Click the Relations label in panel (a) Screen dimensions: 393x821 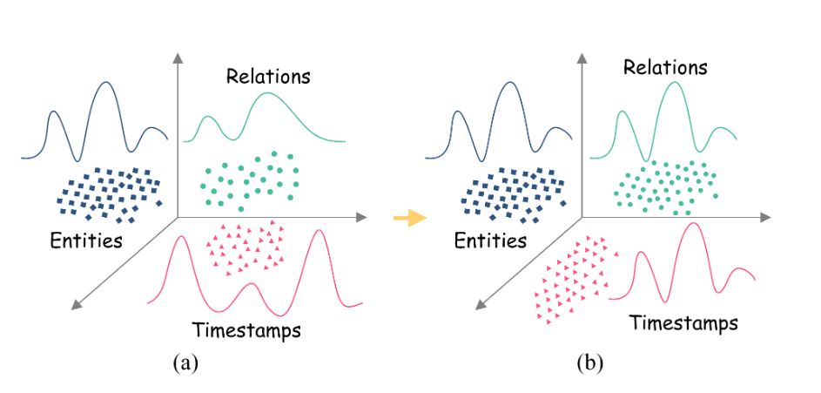(268, 76)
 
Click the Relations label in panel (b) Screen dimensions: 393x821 (665, 67)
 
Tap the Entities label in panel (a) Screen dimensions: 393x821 (85, 240)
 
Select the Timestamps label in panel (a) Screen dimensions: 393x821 (246, 330)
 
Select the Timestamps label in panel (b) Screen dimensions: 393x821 (683, 323)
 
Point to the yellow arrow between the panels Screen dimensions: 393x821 (408, 218)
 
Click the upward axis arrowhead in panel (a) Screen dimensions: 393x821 (178, 58)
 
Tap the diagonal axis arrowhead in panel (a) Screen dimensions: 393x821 (77, 303)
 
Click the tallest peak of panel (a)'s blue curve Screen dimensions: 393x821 (106, 83)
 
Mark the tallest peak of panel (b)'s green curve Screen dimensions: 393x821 (673, 83)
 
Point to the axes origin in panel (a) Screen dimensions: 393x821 (178, 217)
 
